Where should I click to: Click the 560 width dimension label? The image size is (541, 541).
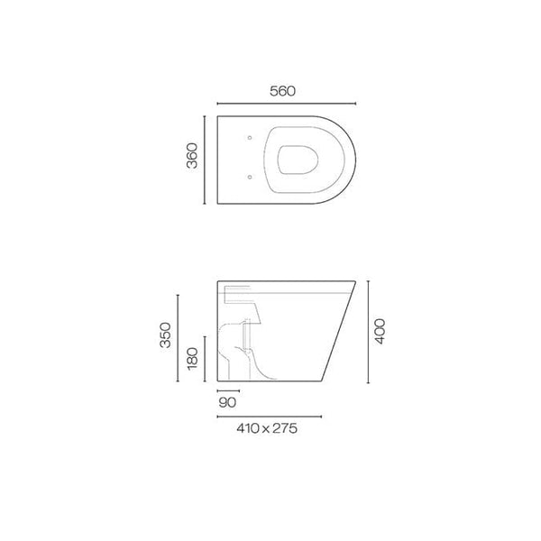tap(282, 91)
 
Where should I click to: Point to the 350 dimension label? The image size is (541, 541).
tap(163, 338)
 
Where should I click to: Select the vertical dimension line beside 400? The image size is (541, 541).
tap(368, 334)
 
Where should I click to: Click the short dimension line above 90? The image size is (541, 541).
tap(228, 391)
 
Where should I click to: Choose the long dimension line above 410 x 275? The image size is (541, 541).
tap(271, 416)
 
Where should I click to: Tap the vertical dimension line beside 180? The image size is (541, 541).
tap(206, 359)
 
